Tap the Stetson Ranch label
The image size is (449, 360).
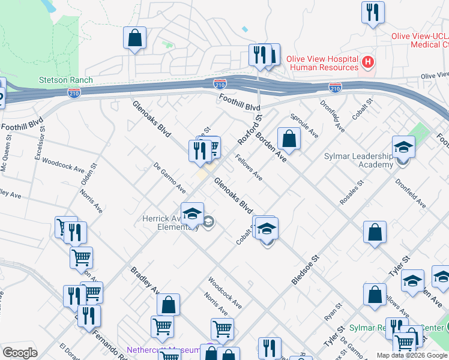65,80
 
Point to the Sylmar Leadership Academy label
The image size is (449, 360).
358,160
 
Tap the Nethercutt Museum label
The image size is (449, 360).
163,350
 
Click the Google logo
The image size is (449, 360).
20,352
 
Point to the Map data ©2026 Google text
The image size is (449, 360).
412,355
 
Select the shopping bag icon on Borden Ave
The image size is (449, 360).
289,138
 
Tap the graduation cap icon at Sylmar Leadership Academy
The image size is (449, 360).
403,147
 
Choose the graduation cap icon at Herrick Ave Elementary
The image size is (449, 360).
192,213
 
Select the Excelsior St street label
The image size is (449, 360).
40,146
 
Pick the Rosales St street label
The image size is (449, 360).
352,193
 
